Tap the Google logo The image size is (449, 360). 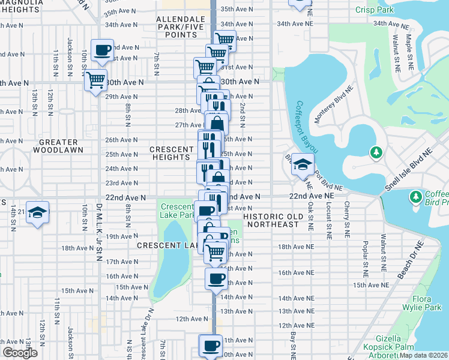(20, 352)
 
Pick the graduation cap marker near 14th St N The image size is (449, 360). (37, 212)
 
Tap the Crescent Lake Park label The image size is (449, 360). (177, 211)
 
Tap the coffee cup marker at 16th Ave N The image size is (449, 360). (216, 278)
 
